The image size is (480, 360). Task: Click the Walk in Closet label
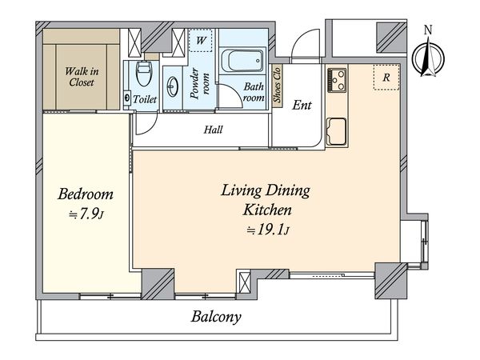click(82, 77)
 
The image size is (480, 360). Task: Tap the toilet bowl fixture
click(143, 74)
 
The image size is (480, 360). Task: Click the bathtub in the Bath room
click(242, 60)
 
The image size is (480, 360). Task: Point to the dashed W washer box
click(201, 40)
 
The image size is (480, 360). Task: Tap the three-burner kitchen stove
click(337, 80)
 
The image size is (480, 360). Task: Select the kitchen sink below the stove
click(337, 132)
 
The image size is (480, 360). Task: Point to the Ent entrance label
click(302, 106)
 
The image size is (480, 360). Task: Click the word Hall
click(213, 130)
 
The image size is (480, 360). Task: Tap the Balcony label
click(216, 317)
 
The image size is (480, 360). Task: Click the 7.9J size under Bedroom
click(87, 214)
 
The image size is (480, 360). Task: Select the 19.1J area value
click(268, 230)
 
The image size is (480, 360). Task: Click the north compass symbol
click(428, 58)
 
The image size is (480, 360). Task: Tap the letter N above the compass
click(428, 30)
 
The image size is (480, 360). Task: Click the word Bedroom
click(86, 194)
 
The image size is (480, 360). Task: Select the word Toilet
click(145, 99)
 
